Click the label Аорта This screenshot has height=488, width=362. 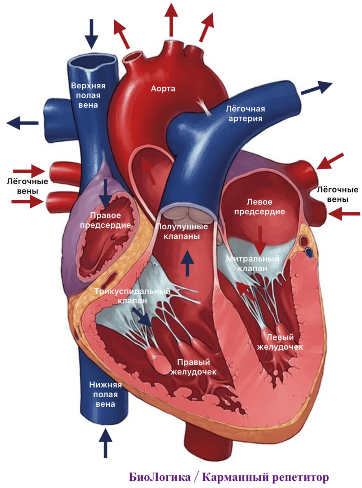coord(163,88)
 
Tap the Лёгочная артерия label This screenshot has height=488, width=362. coord(245,113)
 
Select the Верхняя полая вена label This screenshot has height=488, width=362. coord(88,95)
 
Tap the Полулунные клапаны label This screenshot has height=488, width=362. coord(182,231)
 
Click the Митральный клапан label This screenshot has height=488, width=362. coord(253,264)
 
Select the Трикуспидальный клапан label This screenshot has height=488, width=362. coord(132,296)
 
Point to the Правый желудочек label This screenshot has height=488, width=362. coord(193,366)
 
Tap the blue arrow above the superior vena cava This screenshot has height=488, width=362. coord(91,34)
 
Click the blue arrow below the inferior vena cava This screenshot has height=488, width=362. coord(105,444)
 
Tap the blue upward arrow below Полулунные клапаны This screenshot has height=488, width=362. coord(187,263)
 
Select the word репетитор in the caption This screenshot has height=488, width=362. coord(297,477)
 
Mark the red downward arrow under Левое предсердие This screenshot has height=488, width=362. coord(260,240)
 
